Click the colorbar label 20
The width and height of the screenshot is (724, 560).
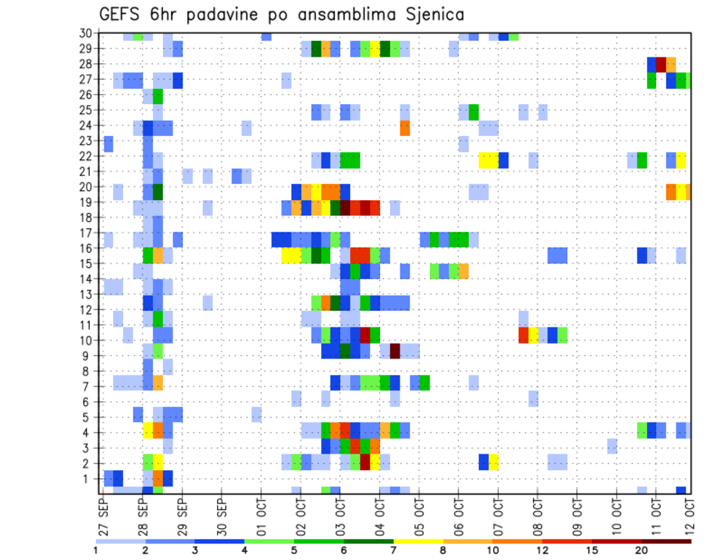pyautogui.click(x=642, y=550)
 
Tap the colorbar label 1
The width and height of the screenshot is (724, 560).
pyautogui.click(x=96, y=550)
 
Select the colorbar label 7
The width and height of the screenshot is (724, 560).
pyautogui.click(x=393, y=550)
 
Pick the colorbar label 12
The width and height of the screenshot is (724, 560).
pyautogui.click(x=542, y=550)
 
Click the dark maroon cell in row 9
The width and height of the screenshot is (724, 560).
pyautogui.click(x=394, y=351)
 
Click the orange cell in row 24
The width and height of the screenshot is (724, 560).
pyautogui.click(x=405, y=128)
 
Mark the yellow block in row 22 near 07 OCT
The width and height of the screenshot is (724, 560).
pyautogui.click(x=488, y=160)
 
